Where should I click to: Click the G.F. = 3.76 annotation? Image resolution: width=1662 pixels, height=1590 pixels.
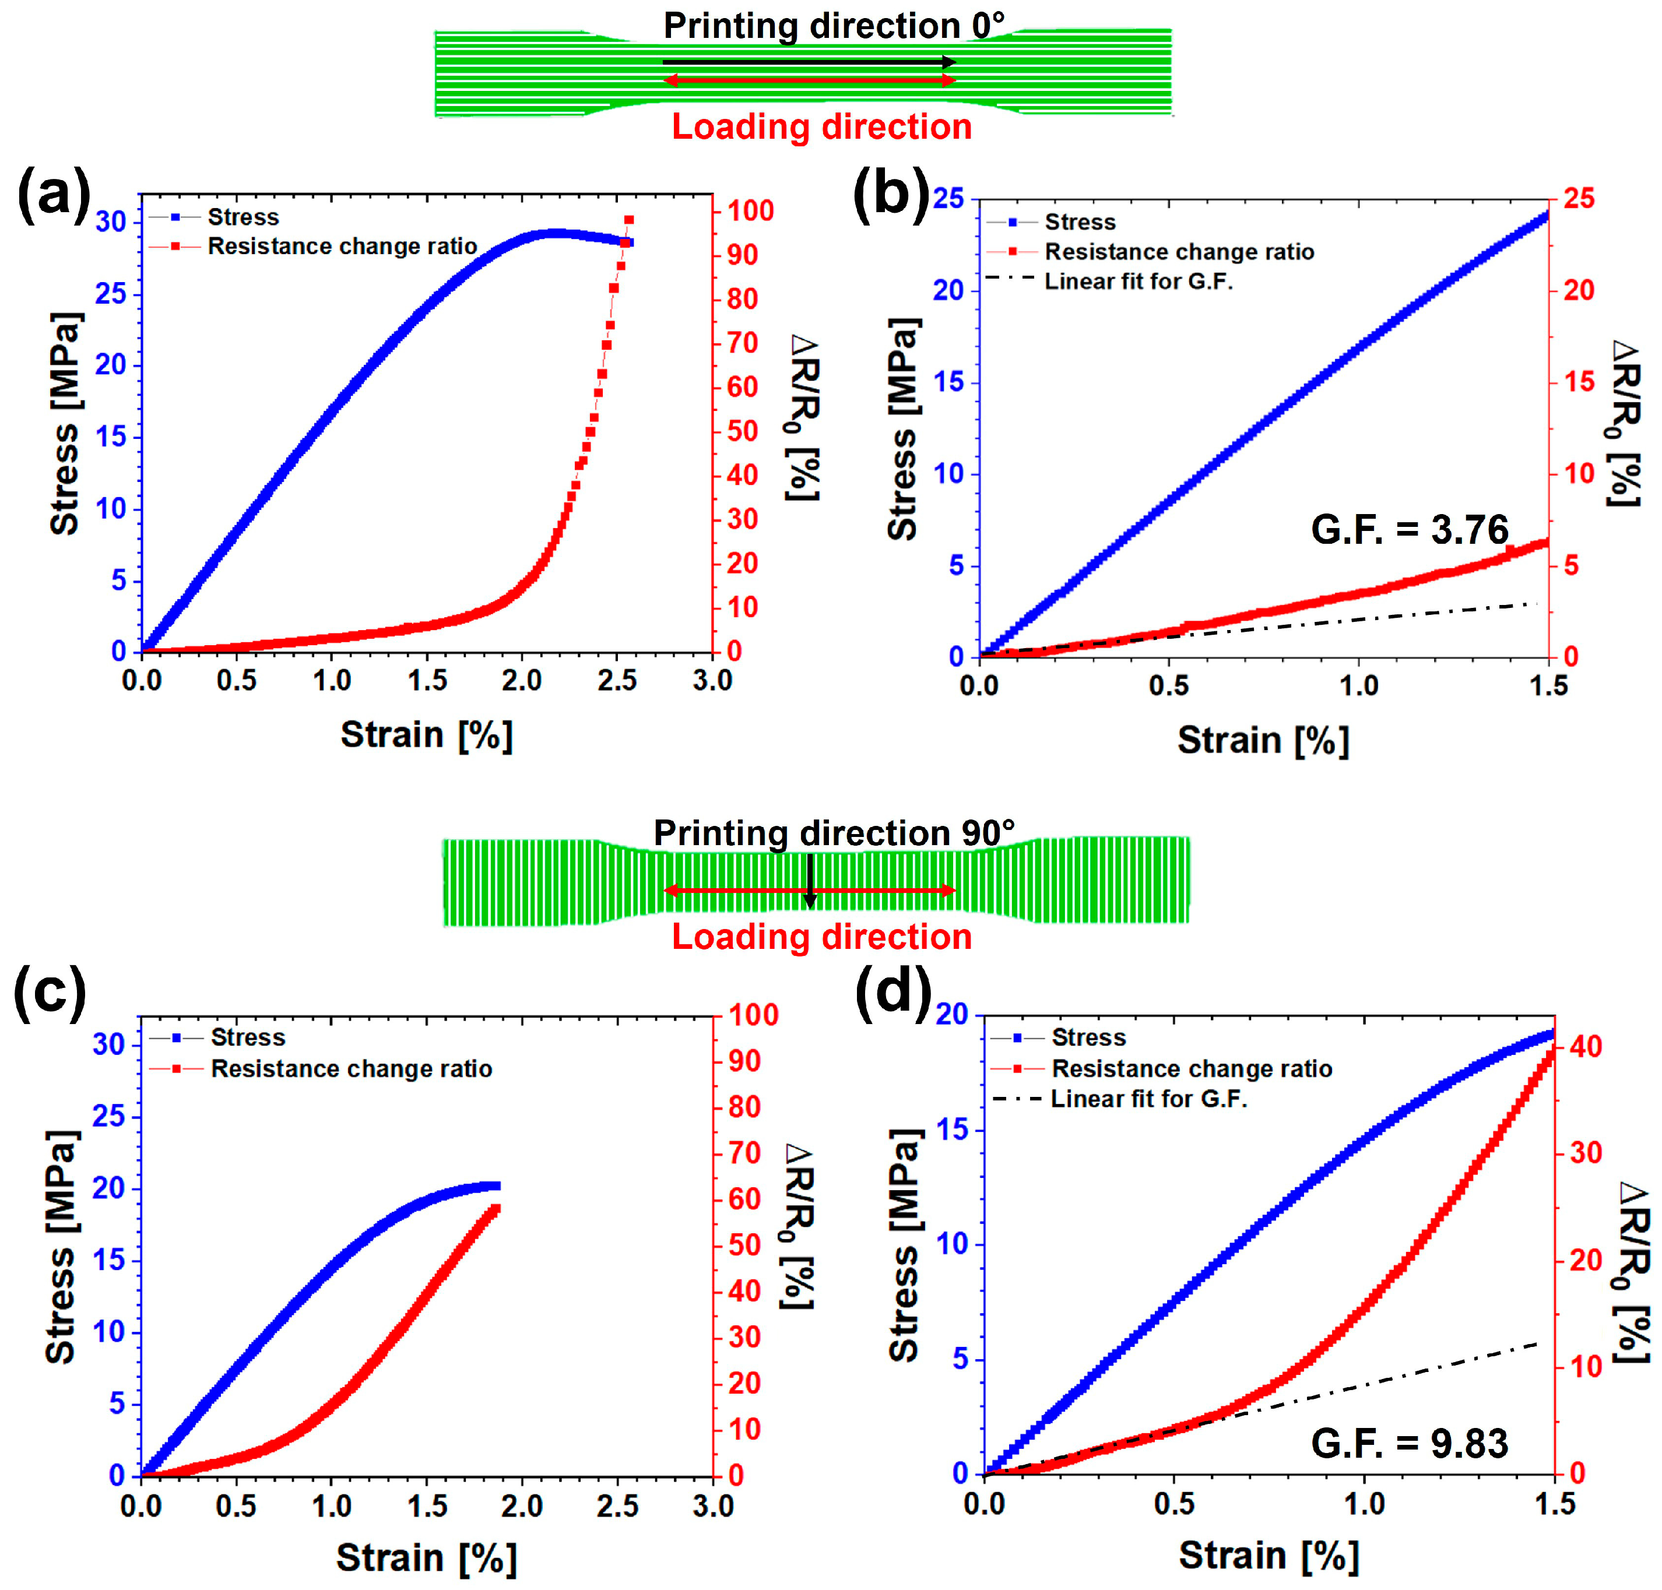coord(1410,530)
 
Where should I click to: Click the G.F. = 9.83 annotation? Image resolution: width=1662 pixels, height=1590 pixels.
coord(1410,1443)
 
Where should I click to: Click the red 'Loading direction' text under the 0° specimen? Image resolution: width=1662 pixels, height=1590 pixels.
coord(821,127)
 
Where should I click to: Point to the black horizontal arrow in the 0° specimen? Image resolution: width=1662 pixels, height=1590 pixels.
coord(809,62)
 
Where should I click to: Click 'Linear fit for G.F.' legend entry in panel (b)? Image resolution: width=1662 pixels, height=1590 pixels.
coord(1139,282)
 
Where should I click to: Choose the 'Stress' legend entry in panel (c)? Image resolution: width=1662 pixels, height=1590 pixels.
coord(248,1037)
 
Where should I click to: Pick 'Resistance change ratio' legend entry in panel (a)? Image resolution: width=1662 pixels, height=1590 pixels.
coord(342,247)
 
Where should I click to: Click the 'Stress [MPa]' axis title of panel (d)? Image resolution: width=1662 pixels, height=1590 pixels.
coord(904,1246)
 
